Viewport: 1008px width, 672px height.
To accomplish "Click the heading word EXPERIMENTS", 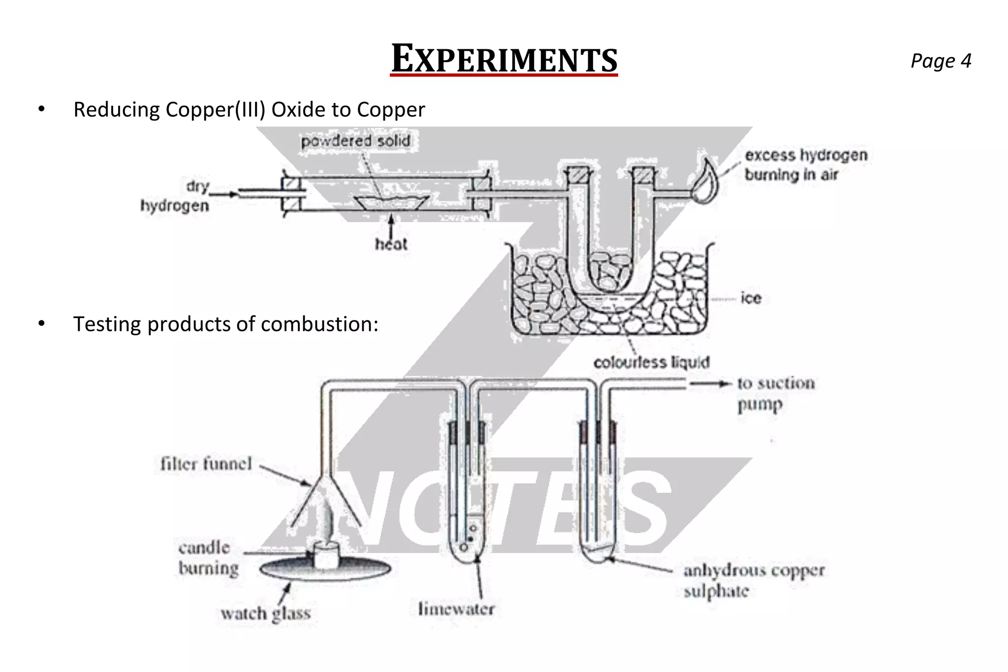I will coord(504,60).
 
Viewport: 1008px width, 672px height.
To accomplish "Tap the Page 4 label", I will coord(941,61).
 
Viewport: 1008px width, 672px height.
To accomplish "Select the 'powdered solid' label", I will coord(355,141).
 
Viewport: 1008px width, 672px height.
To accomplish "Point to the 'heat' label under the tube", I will coord(391,244).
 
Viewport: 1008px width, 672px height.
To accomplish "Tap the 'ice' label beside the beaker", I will coord(751,298).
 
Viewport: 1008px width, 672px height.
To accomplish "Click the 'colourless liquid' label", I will coord(651,363).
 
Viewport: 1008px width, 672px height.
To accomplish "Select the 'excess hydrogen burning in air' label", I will coord(805,164).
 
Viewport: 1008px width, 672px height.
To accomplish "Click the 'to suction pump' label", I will coord(775,393).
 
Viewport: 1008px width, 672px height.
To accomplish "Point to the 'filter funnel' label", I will coord(206,464).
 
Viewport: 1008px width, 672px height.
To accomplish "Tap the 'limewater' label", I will coord(456,609).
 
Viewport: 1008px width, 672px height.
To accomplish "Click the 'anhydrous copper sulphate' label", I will coord(753,580).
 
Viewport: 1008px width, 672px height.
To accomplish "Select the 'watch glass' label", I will coord(266,613).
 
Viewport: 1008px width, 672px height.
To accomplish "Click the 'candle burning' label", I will coord(208,558).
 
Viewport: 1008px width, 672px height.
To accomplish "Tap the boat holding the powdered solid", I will coord(391,202).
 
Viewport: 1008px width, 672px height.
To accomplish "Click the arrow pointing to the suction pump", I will coord(709,384).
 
